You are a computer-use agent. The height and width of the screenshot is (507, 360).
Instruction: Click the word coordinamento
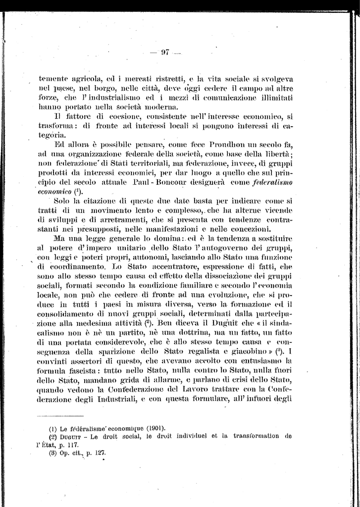tap(66, 266)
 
